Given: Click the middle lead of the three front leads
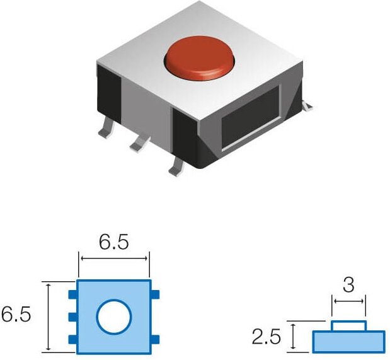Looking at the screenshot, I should click(x=137, y=146).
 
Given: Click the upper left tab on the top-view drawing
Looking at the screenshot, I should click(x=72, y=294).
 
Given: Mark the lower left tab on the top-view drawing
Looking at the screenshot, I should click(x=72, y=340).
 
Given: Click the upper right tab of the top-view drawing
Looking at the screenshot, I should click(x=156, y=294).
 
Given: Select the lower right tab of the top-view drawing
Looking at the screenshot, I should click(x=156, y=340).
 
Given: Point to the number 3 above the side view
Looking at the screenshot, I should click(x=348, y=285).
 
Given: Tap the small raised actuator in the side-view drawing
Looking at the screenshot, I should click(x=349, y=326).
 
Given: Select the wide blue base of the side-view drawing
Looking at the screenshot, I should click(x=348, y=341).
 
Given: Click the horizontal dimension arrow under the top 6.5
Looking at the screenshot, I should click(x=114, y=257).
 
